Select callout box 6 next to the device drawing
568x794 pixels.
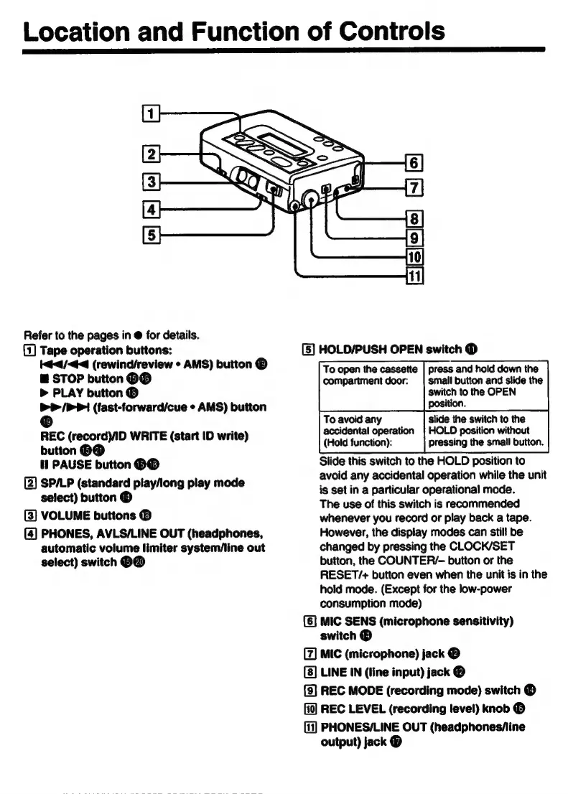(417, 162)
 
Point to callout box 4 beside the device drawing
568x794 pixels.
(150, 211)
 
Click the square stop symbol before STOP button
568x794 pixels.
(45, 378)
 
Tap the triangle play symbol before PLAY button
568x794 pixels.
(45, 393)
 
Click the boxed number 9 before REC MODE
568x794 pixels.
(307, 690)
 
